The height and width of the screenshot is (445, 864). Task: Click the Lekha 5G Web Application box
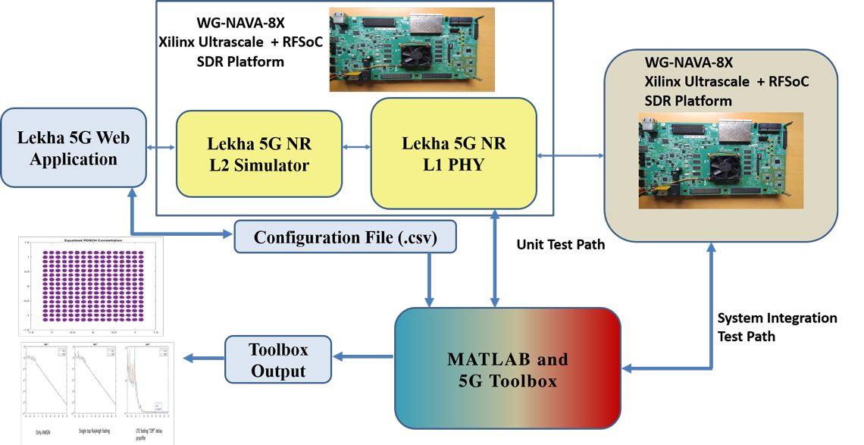(74, 149)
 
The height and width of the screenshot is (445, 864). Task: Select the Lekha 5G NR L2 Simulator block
(259, 154)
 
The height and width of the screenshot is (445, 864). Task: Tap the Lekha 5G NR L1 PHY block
(452, 153)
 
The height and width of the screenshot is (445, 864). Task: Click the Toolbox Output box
(278, 359)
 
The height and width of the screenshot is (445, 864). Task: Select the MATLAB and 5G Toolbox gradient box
(508, 369)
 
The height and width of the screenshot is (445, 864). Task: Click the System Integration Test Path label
(776, 327)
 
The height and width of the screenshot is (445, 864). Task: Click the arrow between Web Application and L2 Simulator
(161, 147)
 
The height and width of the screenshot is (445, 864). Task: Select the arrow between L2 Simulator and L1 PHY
(355, 147)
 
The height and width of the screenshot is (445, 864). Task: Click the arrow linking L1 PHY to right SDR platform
(569, 156)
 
